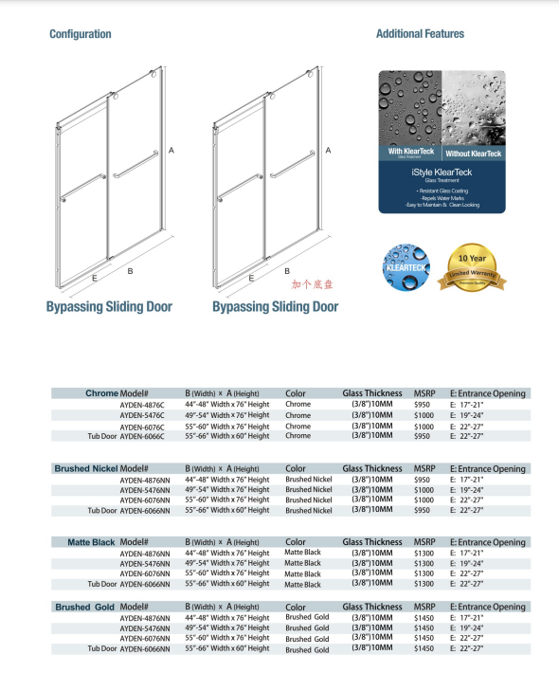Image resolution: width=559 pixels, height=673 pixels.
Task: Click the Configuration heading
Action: coord(80,34)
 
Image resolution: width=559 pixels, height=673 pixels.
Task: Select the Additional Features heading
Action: coord(420,34)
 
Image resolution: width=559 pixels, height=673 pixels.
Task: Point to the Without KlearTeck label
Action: coord(474,152)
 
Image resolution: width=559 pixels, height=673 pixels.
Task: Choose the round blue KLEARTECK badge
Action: coord(405,267)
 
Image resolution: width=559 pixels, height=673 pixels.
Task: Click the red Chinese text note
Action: coord(313,283)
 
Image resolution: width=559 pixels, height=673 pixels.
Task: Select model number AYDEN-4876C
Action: coord(142,404)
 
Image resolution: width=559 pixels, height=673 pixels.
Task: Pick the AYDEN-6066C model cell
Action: coord(142,436)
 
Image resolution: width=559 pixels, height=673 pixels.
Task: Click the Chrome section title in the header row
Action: coord(101,392)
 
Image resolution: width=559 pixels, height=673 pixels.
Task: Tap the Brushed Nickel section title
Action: coord(86,468)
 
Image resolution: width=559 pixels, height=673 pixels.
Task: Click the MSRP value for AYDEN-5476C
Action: coord(424,415)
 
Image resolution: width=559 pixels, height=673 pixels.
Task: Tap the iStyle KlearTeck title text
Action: coord(442,173)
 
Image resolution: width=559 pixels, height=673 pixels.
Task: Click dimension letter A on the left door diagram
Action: coord(171,150)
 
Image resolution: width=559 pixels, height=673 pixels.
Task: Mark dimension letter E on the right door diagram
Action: coord(250,279)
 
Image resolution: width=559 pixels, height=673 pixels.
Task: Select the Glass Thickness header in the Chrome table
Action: coord(371,392)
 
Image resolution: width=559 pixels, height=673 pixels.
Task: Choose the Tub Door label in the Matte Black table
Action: coord(102,584)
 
